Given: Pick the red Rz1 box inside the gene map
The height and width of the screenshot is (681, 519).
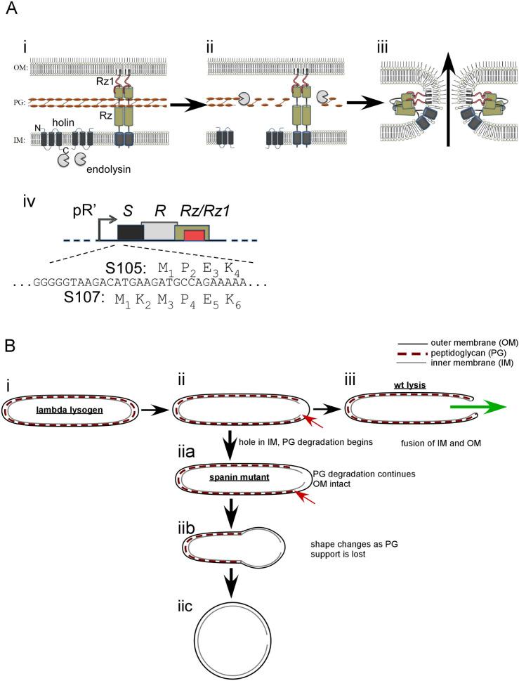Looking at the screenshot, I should point(195,235).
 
